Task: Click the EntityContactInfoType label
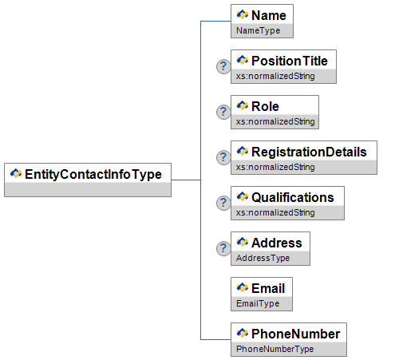[93, 175]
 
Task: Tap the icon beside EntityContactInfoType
[16, 173]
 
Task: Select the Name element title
[269, 15]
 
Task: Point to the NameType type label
[258, 30]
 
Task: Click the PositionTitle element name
[290, 61]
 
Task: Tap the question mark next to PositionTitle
[223, 66]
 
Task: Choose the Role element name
[265, 106]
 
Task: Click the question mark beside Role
[223, 112]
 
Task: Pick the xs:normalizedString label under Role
[275, 121]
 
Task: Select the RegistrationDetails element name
[309, 152]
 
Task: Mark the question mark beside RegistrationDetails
[223, 157]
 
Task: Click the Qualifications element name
[293, 197]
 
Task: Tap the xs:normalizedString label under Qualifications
[275, 212]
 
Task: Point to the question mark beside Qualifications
[223, 203]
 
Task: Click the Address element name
[277, 243]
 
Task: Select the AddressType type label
[263, 258]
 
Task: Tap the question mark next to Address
[223, 248]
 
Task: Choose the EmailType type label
[258, 303]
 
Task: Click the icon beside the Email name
[243, 287]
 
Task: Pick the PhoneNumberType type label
[275, 349]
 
